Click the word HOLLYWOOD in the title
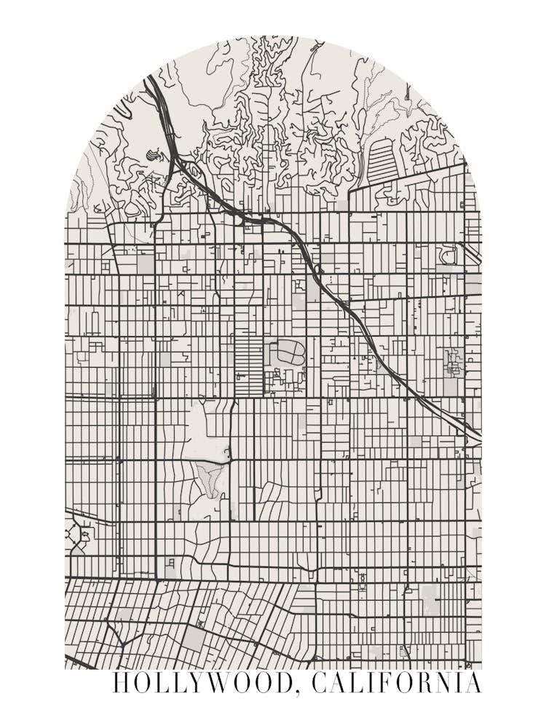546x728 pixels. [x=203, y=684]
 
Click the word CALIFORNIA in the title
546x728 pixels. [x=396, y=684]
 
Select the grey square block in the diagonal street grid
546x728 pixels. [x=193, y=638]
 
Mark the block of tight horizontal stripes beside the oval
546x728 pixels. [x=247, y=357]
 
